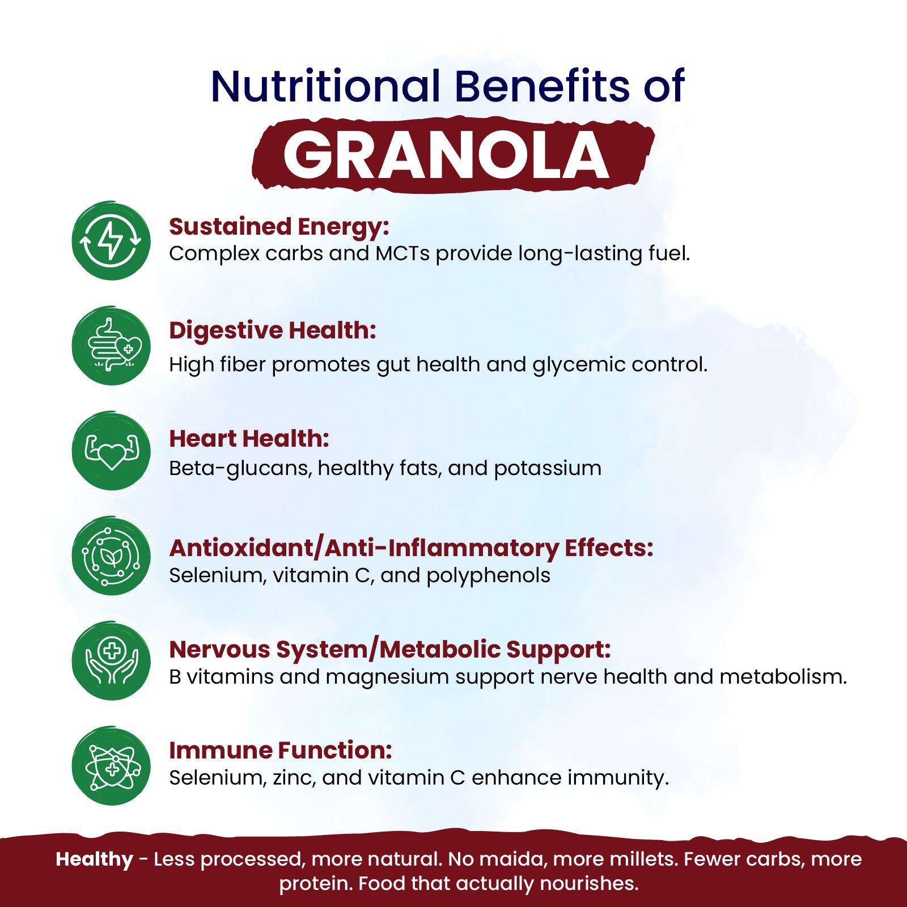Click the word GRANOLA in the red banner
[x=446, y=155]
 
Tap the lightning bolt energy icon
[x=111, y=240]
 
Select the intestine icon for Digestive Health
[x=111, y=346]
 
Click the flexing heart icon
[x=111, y=451]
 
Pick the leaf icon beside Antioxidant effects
[x=111, y=556]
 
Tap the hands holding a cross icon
[x=111, y=660]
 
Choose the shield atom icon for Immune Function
[x=111, y=766]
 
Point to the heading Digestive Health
[x=273, y=331]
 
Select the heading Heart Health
[x=249, y=439]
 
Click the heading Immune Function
[x=281, y=750]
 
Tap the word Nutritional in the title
[x=325, y=86]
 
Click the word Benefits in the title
[x=542, y=86]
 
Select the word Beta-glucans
[x=240, y=469]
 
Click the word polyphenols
[x=488, y=576]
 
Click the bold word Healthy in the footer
[x=94, y=860]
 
